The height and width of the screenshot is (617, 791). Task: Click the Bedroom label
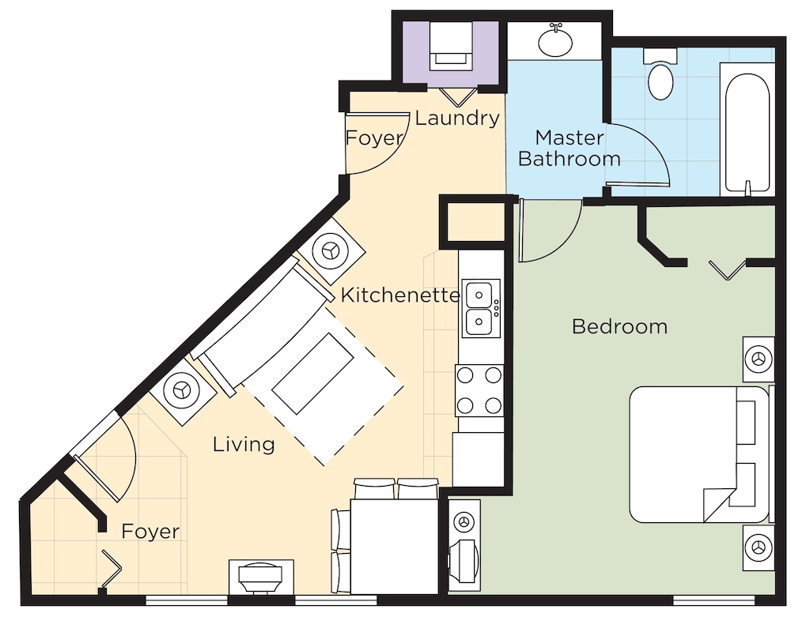[619, 327]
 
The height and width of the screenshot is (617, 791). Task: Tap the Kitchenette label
[400, 295]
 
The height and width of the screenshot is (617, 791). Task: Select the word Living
[244, 444]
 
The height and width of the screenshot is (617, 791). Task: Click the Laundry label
[457, 118]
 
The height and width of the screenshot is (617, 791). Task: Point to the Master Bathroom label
[570, 148]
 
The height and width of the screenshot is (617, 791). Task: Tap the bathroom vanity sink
[555, 41]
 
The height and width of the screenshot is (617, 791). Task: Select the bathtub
[747, 130]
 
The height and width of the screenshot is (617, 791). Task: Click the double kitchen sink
[481, 308]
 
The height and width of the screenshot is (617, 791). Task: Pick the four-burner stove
[479, 390]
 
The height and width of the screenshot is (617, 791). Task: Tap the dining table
[394, 547]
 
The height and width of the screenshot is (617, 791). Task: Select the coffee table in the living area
[312, 373]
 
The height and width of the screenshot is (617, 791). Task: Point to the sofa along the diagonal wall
[265, 325]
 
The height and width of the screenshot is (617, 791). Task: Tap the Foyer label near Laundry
[375, 138]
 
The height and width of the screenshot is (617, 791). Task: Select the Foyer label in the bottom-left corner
[150, 532]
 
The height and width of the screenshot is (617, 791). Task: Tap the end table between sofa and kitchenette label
[331, 251]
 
